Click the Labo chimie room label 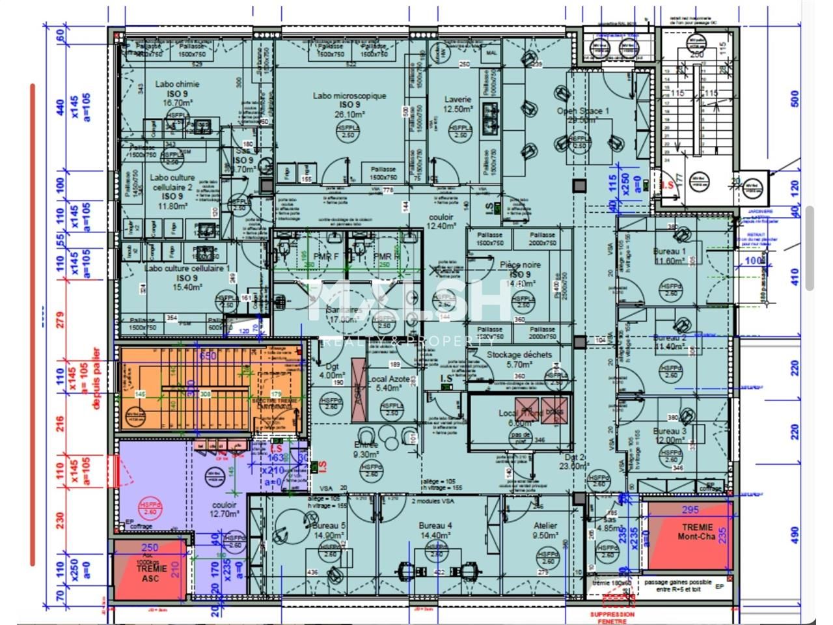tap(177, 84)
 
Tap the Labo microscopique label tap(349, 96)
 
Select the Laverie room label tap(457, 100)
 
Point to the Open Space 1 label tap(582, 111)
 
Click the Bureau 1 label tap(670, 251)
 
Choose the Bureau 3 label tap(670, 431)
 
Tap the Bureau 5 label tap(329, 525)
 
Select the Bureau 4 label tap(435, 525)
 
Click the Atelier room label tap(545, 525)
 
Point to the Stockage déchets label tap(519, 355)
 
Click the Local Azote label tap(390, 379)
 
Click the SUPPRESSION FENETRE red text tap(612, 617)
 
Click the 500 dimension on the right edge tap(793, 99)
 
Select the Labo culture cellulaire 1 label tap(187, 268)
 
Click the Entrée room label tap(366, 445)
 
